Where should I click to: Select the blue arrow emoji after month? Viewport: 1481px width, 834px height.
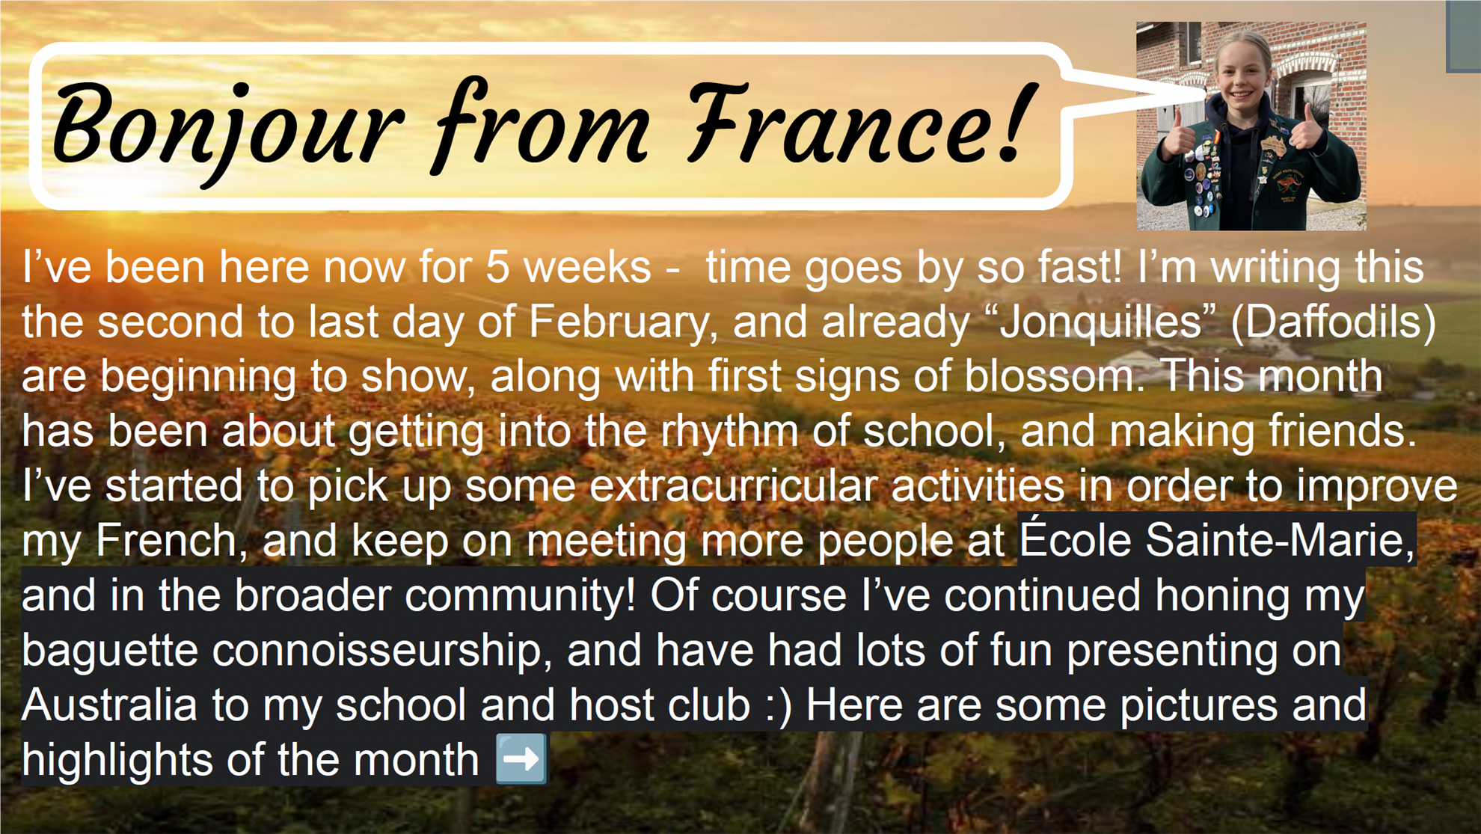pyautogui.click(x=521, y=759)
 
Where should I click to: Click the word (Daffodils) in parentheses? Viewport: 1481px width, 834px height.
pyautogui.click(x=1334, y=322)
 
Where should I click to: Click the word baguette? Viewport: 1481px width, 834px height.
pyautogui.click(x=108, y=651)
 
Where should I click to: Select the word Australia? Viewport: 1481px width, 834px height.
pyautogui.click(x=109, y=705)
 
